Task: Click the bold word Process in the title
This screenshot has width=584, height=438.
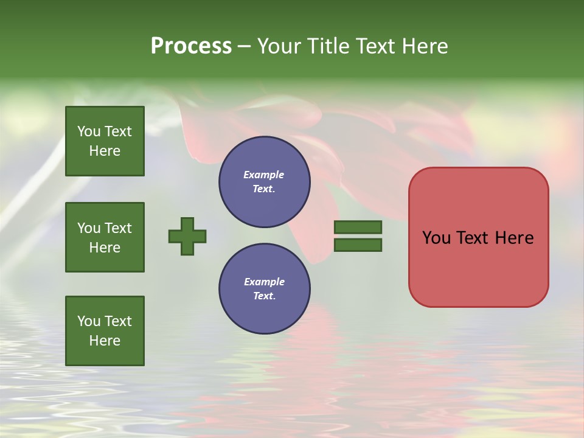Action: point(191,46)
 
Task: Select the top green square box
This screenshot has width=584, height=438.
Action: point(105,141)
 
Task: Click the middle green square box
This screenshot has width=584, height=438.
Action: point(105,237)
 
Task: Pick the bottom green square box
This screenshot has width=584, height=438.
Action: point(105,331)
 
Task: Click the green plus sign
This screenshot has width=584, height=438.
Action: point(187,236)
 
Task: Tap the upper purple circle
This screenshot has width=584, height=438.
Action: point(264,182)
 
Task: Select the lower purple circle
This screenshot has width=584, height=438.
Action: point(264,289)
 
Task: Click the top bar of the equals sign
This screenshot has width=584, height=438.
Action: point(358,227)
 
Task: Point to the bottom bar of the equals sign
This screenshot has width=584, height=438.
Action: point(358,245)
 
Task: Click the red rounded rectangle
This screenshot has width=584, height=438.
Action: point(478,268)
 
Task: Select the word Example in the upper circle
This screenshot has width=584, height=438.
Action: point(264,175)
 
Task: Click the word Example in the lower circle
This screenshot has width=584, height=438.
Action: point(264,282)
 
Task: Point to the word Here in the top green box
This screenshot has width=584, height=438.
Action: point(105,151)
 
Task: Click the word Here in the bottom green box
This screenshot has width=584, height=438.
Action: point(105,341)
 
